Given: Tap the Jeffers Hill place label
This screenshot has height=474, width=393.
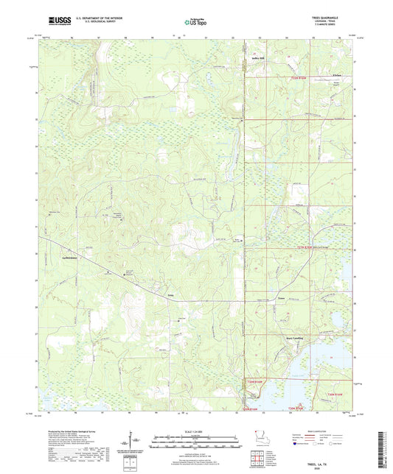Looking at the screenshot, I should click(257, 54).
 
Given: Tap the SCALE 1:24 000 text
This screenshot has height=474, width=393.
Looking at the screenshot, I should click(196, 431).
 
